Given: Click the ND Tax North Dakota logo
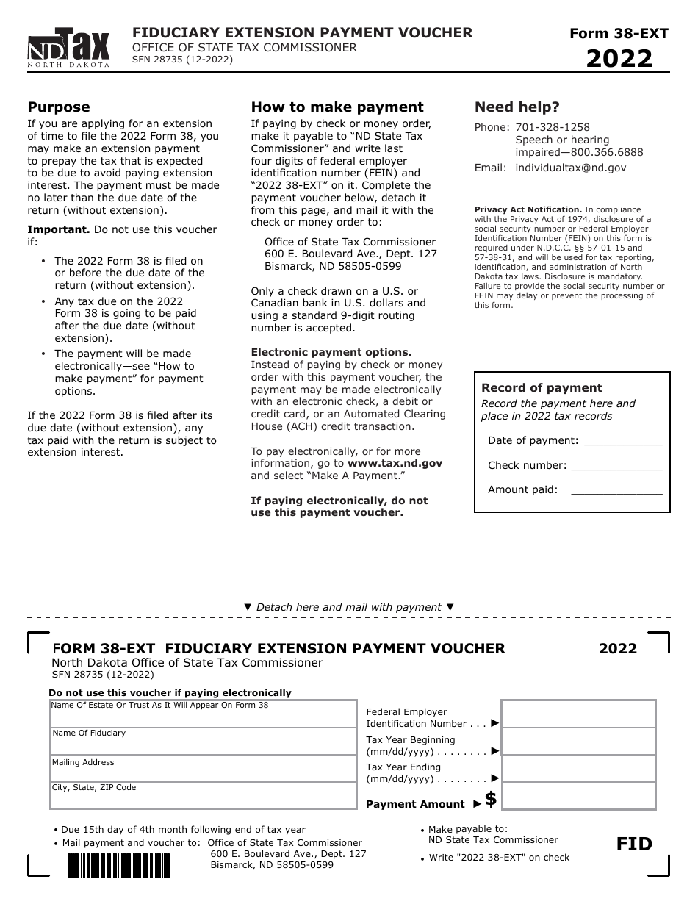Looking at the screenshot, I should point(68,48).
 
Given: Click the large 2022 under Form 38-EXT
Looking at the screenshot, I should point(619,58).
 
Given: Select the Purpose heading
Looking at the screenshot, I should point(59,107).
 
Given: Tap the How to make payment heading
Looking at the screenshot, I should point(337,107).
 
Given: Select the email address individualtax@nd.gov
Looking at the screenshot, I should point(571,168).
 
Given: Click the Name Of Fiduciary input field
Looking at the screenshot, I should point(204,742).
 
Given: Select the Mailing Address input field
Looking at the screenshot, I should point(204,770).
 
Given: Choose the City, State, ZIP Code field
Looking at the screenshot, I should point(204,796).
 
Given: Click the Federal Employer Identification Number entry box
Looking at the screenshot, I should point(578,714).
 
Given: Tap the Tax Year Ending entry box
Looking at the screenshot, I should point(578,769).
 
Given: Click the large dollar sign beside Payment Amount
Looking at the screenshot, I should point(491,799).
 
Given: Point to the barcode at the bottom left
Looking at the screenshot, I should point(119,865).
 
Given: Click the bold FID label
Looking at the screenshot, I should point(634,844).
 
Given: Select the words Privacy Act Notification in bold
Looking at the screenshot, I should point(528,209).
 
